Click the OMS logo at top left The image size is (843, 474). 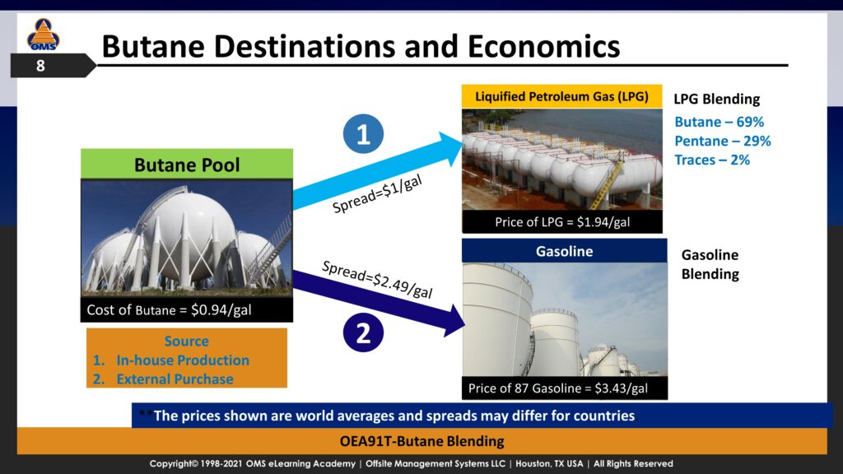tap(43, 35)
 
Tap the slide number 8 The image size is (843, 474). tap(40, 66)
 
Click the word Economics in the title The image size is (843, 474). tap(543, 46)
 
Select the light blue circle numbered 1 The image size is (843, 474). tap(363, 134)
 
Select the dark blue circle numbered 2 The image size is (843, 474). tap(363, 332)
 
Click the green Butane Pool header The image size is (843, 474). tap(187, 165)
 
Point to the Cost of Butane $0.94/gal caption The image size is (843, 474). tap(169, 309)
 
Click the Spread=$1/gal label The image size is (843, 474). tap(377, 194)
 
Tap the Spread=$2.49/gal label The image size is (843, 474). tap(377, 280)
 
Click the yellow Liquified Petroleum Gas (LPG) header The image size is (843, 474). tap(561, 97)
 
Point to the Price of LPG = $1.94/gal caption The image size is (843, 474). tap(561, 222)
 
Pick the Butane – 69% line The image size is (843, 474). tap(720, 122)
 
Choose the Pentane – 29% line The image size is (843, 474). tap(723, 141)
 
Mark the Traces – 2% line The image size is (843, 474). tap(712, 160)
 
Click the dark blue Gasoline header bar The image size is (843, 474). tap(565, 251)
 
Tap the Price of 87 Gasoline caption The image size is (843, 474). tap(558, 388)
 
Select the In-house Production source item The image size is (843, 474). tap(183, 360)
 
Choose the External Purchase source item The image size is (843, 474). tap(175, 379)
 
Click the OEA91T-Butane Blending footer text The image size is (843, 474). tap(422, 441)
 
